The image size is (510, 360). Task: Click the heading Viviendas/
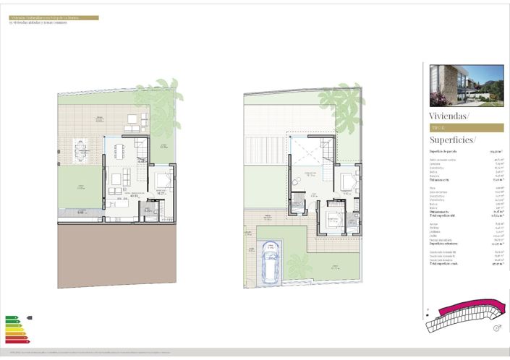(449, 116)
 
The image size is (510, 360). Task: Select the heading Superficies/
(452, 140)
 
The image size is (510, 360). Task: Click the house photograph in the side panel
(466, 85)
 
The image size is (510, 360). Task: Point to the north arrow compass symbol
(497, 327)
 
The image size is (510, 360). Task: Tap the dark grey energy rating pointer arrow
(29, 317)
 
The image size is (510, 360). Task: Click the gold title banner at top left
(54, 17)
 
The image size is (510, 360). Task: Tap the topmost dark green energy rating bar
(10, 317)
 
